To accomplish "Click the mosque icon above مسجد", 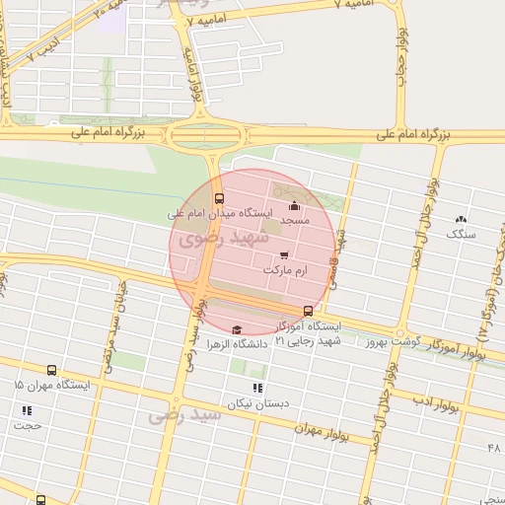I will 293,206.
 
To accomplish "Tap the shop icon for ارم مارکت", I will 285,255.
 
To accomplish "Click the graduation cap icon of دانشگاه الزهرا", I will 236,330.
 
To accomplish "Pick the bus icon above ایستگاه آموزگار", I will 308,312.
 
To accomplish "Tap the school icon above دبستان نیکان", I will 258,389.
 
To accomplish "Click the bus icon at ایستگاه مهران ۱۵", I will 51,372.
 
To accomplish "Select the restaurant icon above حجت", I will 25,410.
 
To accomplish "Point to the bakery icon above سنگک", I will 461,219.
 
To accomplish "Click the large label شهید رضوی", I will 213,237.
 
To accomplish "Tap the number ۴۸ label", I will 494,449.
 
